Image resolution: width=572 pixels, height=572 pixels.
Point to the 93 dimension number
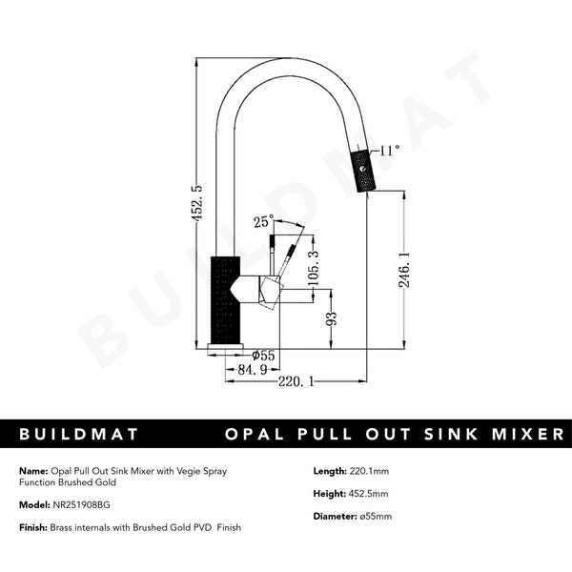(x=332, y=319)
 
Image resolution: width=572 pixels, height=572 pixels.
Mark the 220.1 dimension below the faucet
(x=296, y=381)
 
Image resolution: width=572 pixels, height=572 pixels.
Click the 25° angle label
(x=263, y=222)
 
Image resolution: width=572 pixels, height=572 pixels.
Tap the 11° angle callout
(x=389, y=150)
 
